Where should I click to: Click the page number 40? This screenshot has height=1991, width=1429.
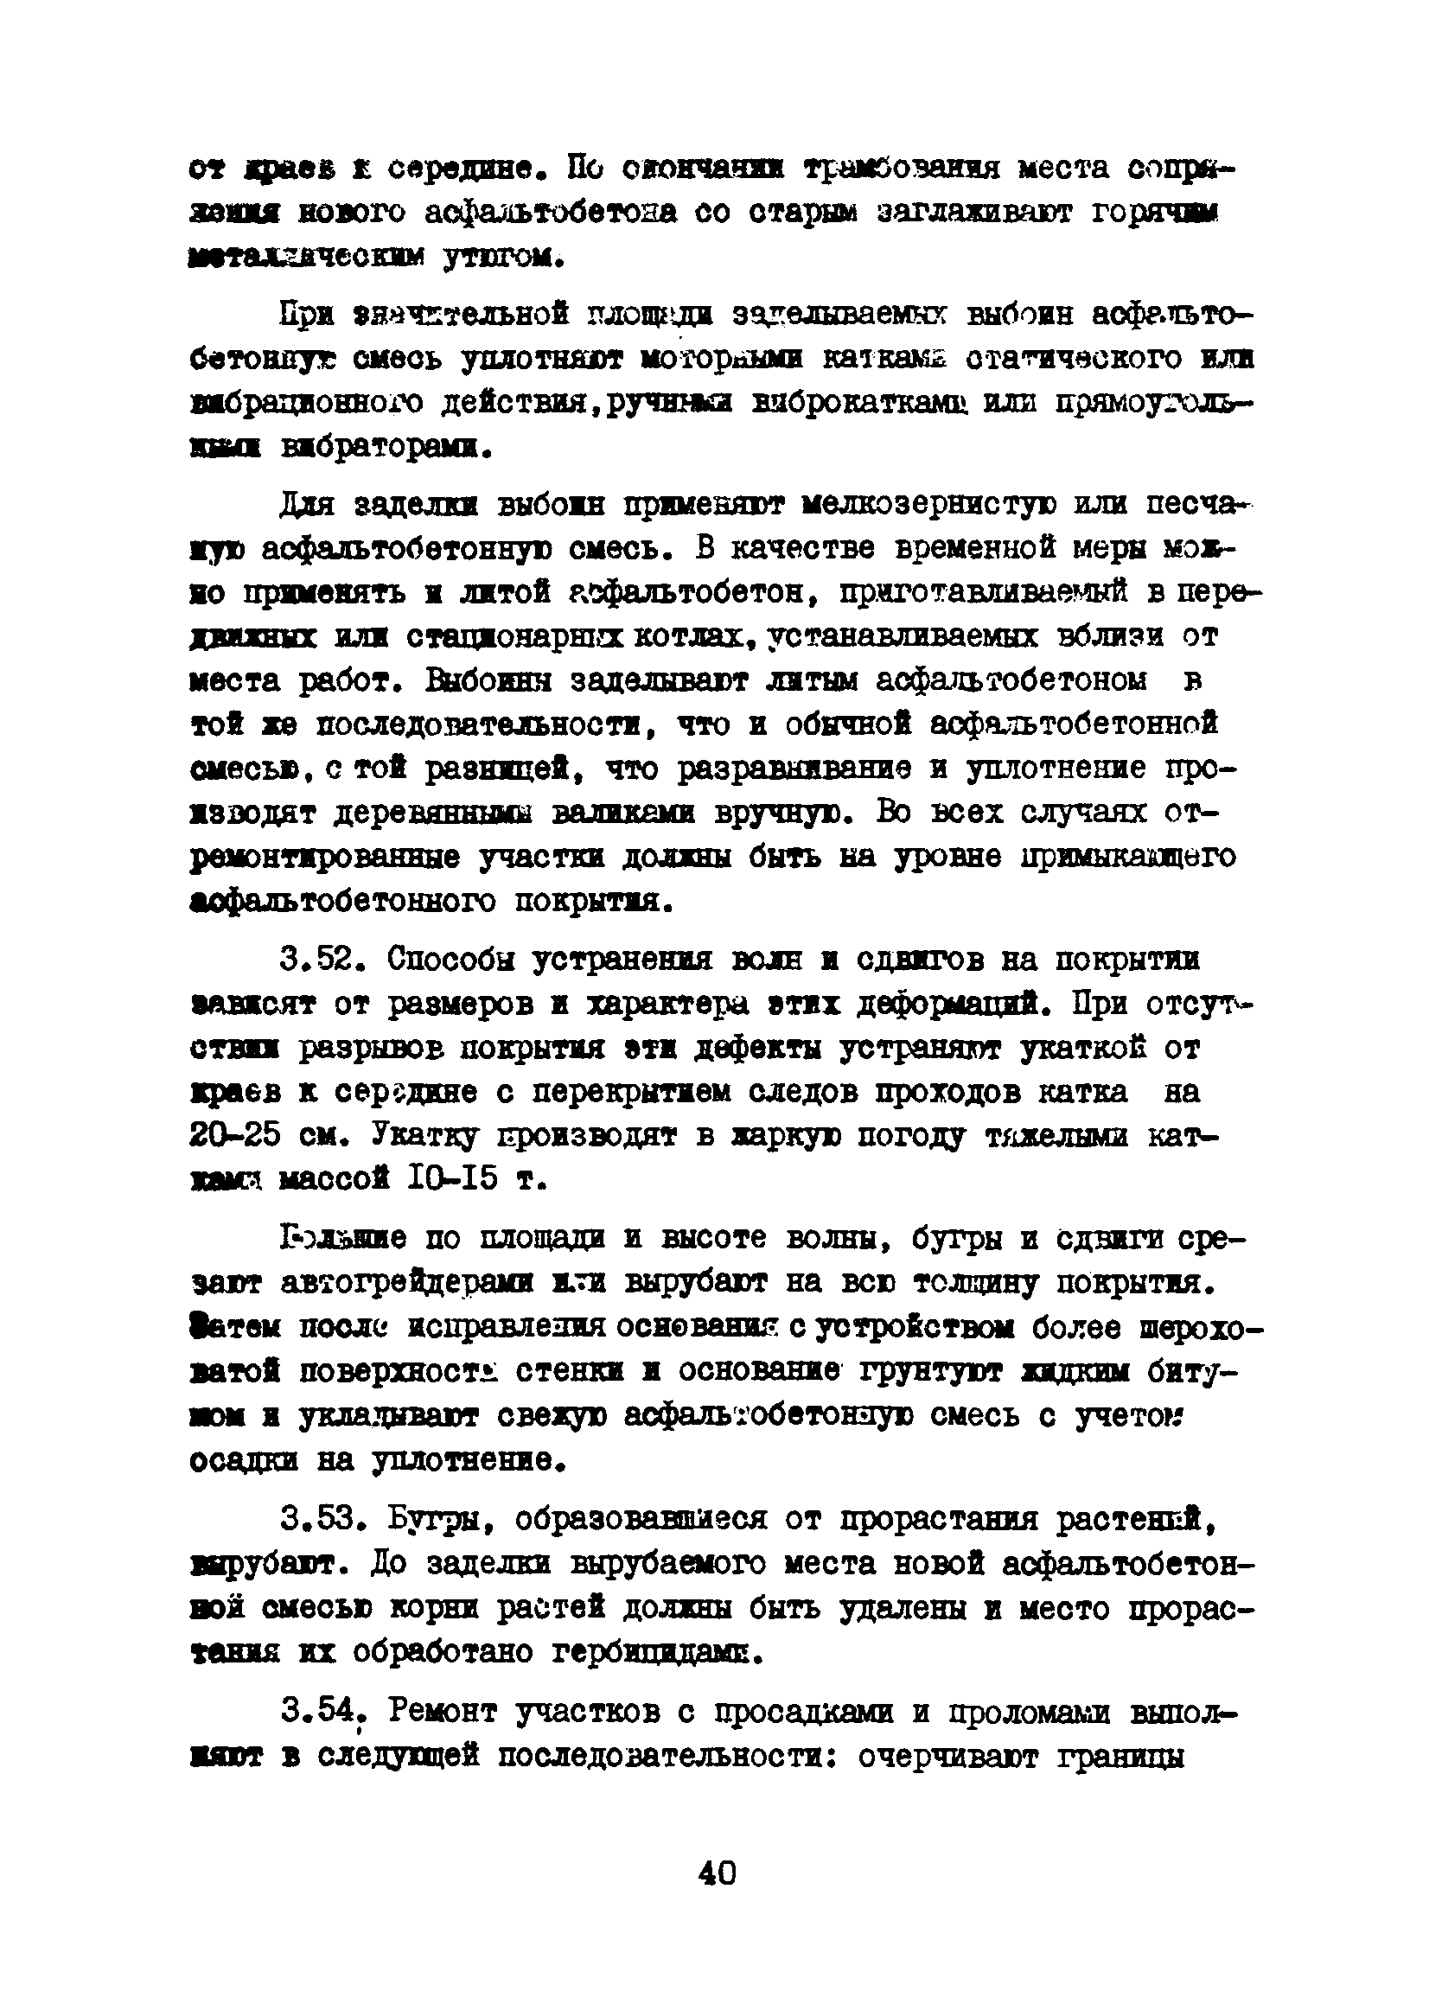coord(718,1873)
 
